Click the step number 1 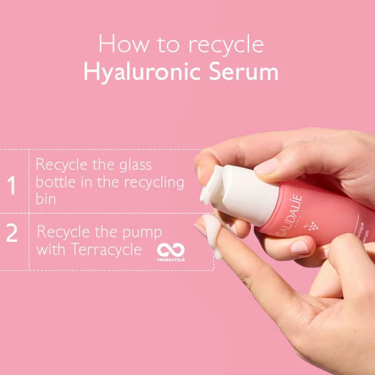[x=12, y=186]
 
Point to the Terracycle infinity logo [x=171, y=250]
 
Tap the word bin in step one [x=46, y=199]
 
